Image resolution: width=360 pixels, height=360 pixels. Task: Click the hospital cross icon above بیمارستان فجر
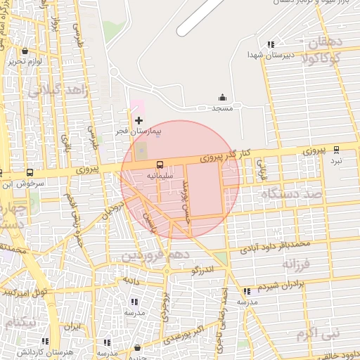[x=139, y=121]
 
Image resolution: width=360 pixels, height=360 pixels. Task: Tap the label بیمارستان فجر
[x=139, y=131]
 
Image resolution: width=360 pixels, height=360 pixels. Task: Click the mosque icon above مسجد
[x=223, y=98]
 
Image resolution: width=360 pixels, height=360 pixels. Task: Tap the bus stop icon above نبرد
[x=336, y=150]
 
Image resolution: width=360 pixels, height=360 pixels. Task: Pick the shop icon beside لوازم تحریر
[x=25, y=51]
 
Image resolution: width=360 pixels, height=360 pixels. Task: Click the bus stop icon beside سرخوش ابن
[x=30, y=172]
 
